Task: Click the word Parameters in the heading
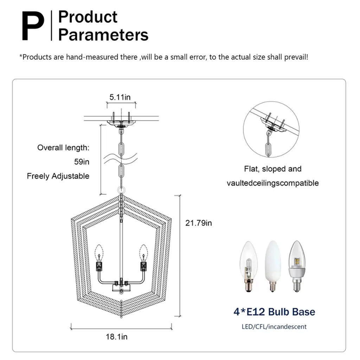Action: click(103, 35)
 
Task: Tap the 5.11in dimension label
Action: click(120, 97)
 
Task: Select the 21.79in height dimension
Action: click(199, 223)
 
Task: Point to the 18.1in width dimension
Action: click(116, 336)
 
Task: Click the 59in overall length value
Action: click(82, 162)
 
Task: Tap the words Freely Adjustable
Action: click(58, 176)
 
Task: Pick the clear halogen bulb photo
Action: click(249, 266)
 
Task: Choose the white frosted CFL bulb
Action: click(273, 266)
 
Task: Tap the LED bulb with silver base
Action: click(297, 266)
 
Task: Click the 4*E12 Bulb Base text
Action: click(274, 312)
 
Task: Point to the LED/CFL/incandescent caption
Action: click(274, 327)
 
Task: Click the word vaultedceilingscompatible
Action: click(273, 183)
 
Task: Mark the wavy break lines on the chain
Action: click(120, 159)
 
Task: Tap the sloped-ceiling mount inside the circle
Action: click(273, 125)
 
